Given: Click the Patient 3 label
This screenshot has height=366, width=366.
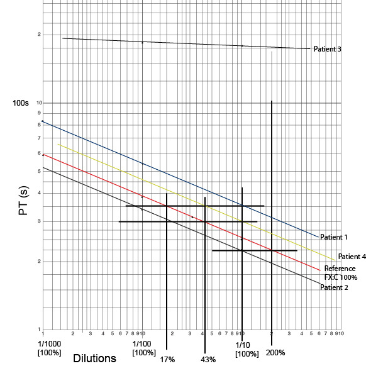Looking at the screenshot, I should [x=327, y=49].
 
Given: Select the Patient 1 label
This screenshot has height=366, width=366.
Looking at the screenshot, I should [x=334, y=237].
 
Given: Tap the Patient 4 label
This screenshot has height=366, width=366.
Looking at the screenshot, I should [x=352, y=257].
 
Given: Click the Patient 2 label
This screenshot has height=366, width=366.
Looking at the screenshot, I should [x=334, y=287].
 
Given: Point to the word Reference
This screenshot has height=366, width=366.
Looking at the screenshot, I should [x=340, y=269].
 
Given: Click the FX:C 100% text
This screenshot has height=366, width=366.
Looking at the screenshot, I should [x=341, y=277].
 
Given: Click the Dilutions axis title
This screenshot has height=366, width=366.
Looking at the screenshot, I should [x=94, y=358].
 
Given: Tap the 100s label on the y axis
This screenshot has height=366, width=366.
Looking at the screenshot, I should [x=21, y=103].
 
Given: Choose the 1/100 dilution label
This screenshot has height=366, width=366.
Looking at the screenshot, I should [x=143, y=345].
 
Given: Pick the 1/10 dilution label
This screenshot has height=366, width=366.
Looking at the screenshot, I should [x=243, y=345].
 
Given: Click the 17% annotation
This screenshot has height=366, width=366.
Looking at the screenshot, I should [x=167, y=360].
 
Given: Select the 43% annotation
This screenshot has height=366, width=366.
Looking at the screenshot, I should [x=208, y=360].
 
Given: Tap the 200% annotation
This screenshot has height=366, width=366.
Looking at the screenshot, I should [x=275, y=353].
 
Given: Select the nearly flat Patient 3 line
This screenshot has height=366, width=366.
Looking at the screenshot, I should [x=189, y=44].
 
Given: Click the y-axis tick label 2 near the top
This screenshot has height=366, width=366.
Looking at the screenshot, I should [x=39, y=35].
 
